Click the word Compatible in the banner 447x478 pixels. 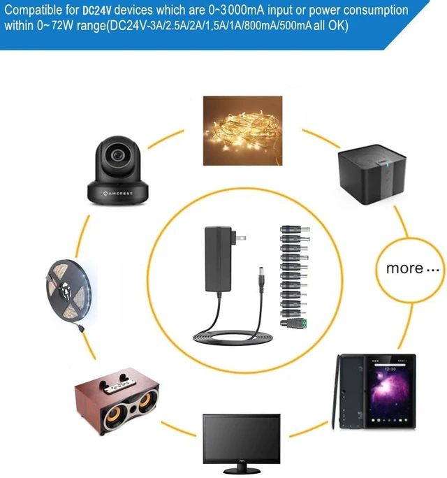[x=34, y=10]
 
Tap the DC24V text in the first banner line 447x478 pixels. [x=97, y=10]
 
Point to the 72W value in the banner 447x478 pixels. [x=62, y=26]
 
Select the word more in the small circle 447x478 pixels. [x=404, y=268]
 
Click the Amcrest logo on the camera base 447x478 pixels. [x=117, y=194]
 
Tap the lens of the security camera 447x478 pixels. [x=117, y=155]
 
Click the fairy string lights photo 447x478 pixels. [x=242, y=131]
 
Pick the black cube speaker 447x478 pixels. [x=372, y=175]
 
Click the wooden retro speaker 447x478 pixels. [x=117, y=401]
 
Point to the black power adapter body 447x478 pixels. [x=217, y=259]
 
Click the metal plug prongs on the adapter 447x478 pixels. [x=238, y=236]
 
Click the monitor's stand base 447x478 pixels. [x=242, y=470]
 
